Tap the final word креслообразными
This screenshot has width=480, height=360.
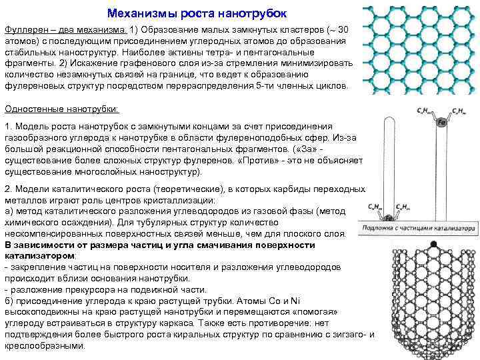point(44,346)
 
